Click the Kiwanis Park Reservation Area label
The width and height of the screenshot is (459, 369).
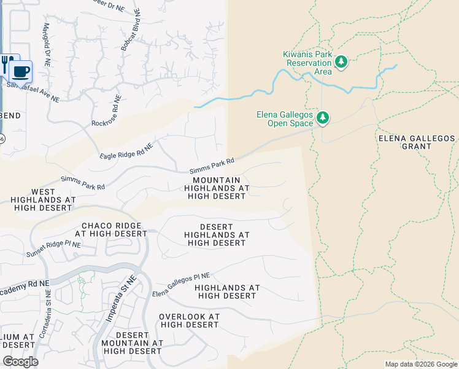point(307,63)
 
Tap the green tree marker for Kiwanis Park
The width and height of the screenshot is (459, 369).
point(341,61)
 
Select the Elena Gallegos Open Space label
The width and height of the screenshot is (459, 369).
point(285,119)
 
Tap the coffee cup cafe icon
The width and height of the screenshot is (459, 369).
point(21,70)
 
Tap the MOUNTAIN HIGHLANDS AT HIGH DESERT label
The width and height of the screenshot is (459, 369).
point(217,187)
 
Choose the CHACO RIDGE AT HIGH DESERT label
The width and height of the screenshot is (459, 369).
point(110,229)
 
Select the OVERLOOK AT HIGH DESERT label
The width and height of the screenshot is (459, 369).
point(189,320)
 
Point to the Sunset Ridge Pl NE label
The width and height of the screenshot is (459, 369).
point(53,249)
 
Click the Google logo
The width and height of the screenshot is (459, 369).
point(20,362)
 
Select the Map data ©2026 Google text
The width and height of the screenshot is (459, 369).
point(420,364)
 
